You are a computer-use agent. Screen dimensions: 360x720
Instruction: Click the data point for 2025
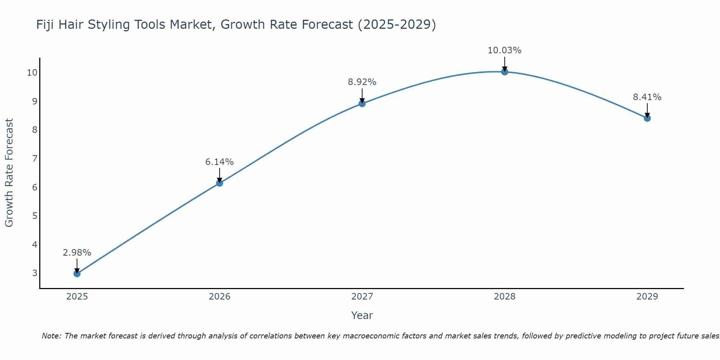[77, 274]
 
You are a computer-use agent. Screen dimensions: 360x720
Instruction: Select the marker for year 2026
[220, 183]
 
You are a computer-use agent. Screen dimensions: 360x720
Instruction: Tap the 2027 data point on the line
[362, 104]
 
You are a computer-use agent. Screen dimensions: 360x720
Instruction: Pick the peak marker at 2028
[505, 72]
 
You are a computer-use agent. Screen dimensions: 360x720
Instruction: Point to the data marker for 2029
[647, 118]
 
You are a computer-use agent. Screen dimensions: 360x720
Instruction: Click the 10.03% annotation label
[504, 50]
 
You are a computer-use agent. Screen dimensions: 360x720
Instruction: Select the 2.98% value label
[77, 253]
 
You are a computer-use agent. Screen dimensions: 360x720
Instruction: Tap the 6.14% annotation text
[220, 162]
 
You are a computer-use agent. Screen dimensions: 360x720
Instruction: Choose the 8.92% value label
[362, 82]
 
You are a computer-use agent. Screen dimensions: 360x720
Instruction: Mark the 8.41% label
[647, 97]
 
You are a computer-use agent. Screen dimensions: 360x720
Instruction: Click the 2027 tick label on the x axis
[362, 297]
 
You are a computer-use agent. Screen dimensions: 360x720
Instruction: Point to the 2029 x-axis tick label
[647, 297]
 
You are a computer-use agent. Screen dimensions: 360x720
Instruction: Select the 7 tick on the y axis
[35, 158]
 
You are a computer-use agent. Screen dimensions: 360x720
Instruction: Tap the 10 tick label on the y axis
[32, 73]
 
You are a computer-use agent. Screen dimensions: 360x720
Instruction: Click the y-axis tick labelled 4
[35, 245]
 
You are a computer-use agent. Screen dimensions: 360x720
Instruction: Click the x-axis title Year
[362, 315]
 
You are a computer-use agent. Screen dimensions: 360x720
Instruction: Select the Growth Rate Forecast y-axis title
[9, 173]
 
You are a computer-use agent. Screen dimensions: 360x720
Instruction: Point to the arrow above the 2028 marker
[505, 64]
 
